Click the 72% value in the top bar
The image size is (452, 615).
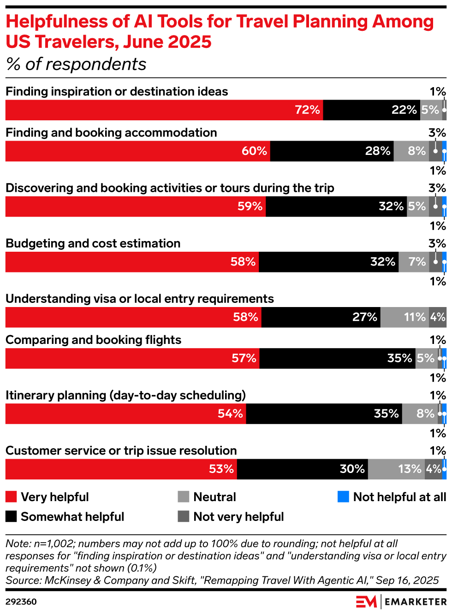tap(307, 110)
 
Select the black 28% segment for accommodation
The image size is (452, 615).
tap(332, 151)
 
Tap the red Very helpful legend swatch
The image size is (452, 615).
tap(11, 497)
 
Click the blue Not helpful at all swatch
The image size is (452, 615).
tap(343, 497)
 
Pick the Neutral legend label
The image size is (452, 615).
tap(214, 497)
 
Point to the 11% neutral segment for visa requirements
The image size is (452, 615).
tap(404, 317)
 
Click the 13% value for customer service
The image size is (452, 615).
tap(410, 469)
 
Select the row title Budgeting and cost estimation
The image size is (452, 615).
tap(93, 243)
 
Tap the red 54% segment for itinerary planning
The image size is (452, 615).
tap(125, 414)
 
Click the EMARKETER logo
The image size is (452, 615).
tap(401, 602)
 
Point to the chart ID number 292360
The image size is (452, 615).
tap(21, 602)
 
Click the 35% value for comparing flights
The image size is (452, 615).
tap(399, 358)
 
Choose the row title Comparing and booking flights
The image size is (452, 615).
tap(93, 340)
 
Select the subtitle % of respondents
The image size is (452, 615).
tap(76, 65)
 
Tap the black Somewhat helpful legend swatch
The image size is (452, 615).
tap(11, 516)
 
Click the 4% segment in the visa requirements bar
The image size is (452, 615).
tap(437, 317)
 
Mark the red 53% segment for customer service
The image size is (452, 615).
tap(121, 469)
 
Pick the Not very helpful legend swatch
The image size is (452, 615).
tap(184, 516)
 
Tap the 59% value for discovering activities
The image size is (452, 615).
tap(250, 207)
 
